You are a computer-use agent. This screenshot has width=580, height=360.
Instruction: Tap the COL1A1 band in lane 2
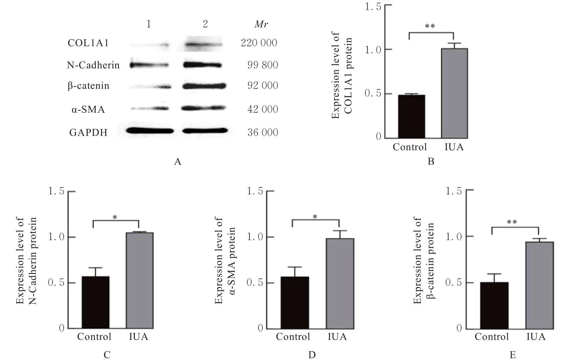(203, 44)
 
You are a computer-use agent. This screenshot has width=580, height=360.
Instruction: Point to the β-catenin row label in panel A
(88, 86)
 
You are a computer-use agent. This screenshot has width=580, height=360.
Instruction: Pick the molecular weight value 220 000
(259, 43)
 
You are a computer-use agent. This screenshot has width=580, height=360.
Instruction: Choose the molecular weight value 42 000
(263, 109)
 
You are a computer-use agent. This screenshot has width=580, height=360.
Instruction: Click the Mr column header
(262, 24)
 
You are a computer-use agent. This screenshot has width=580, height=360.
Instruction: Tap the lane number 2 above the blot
(205, 24)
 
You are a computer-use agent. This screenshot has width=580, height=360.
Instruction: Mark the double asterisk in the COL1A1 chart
(430, 26)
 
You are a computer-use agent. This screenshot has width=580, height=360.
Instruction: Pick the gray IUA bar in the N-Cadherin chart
(139, 280)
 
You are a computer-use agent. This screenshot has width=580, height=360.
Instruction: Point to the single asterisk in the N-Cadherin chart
(115, 217)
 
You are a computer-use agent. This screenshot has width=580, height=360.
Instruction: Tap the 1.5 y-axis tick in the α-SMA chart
(255, 191)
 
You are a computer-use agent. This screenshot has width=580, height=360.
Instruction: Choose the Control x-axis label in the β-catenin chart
(492, 337)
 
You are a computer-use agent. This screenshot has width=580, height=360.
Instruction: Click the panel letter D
(312, 355)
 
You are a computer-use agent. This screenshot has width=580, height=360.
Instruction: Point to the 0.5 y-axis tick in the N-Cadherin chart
(56, 283)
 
